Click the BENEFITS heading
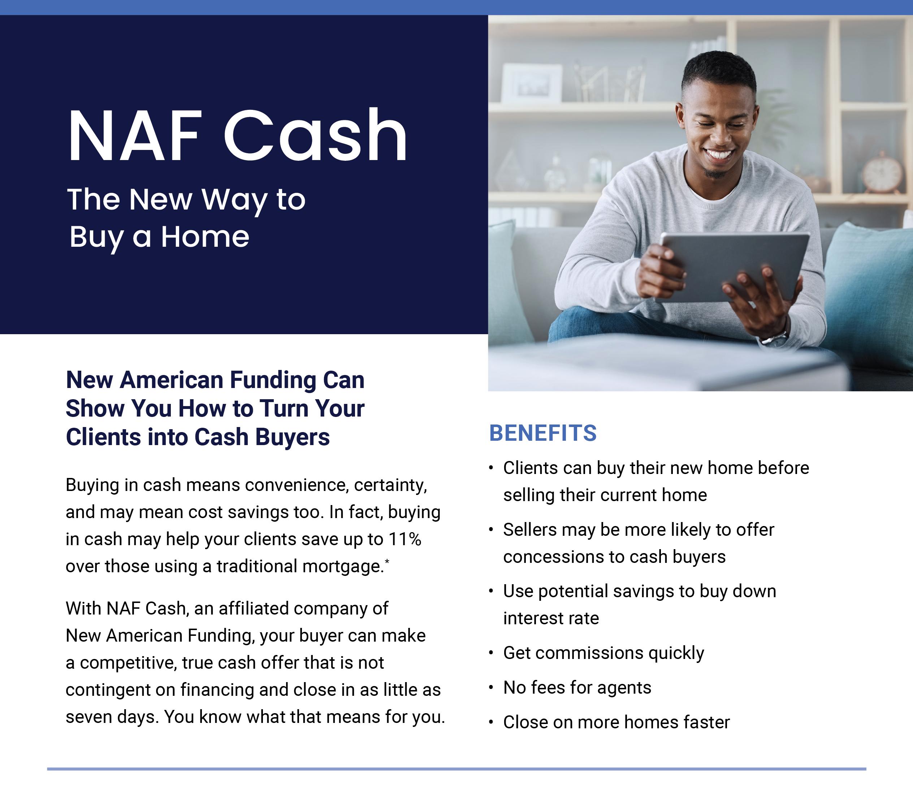coord(543,433)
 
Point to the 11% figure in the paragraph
coord(405,539)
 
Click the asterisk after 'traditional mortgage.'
coord(387,561)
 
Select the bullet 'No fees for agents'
coord(577,688)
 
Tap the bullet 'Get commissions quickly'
coord(604,653)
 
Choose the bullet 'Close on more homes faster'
coord(616,722)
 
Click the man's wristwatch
coord(775,339)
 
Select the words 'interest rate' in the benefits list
coord(551,618)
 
